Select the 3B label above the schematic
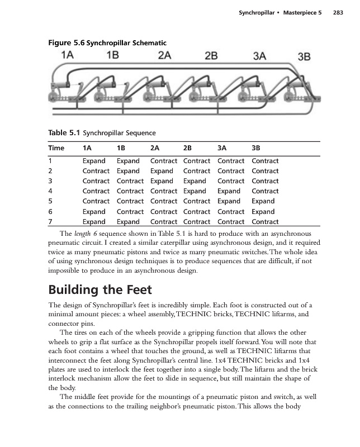coord(304,56)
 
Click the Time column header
coord(56,149)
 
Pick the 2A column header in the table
coord(155,149)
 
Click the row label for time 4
coord(50,191)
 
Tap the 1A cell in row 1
coord(94,161)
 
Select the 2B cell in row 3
coord(195,181)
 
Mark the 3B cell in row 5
coord(263,201)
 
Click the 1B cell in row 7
coord(128,222)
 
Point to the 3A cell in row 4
coord(229,191)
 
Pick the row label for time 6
coord(50,212)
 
